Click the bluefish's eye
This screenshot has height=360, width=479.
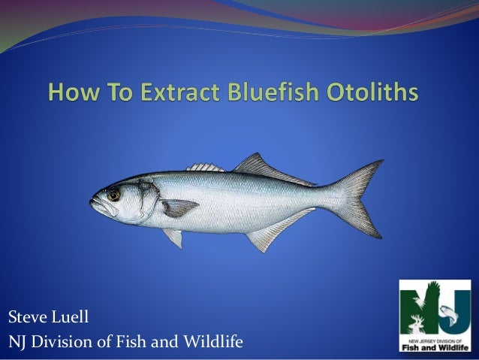click(113, 195)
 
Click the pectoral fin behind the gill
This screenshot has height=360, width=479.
click(179, 207)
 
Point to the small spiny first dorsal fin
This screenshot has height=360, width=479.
click(204, 167)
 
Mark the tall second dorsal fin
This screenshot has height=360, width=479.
click(259, 167)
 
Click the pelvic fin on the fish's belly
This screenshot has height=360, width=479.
click(174, 237)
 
